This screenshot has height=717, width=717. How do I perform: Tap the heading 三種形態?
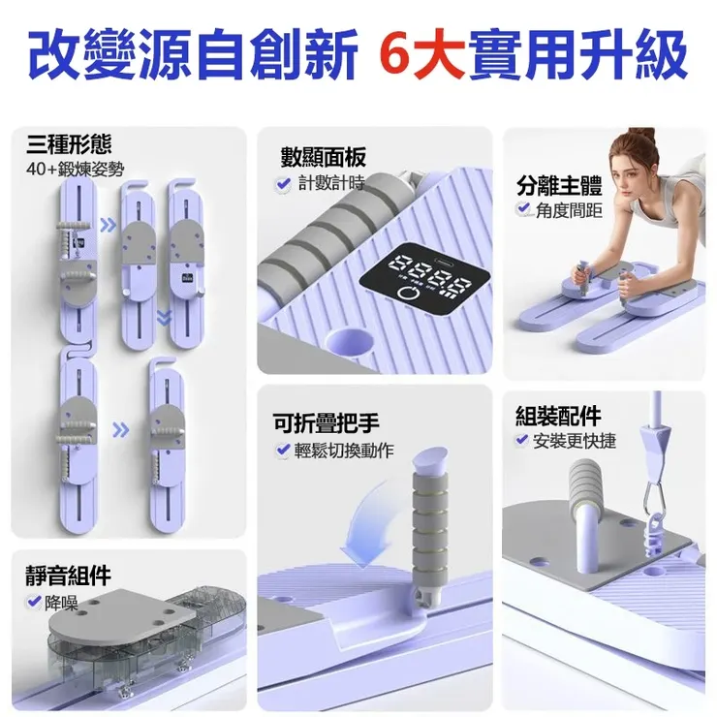tap(69, 145)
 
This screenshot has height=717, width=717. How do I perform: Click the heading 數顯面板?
tap(324, 158)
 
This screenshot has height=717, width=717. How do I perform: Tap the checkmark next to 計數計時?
tap(284, 184)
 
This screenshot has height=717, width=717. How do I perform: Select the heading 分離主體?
tap(559, 185)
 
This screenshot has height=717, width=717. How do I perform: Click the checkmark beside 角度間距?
tap(523, 209)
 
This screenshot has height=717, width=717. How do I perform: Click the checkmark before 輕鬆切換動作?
tap(284, 450)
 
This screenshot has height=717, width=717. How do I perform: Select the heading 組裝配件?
tap(558, 417)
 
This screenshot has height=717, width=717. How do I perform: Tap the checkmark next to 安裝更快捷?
tap(523, 442)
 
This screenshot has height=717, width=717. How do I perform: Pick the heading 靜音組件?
tap(68, 577)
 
